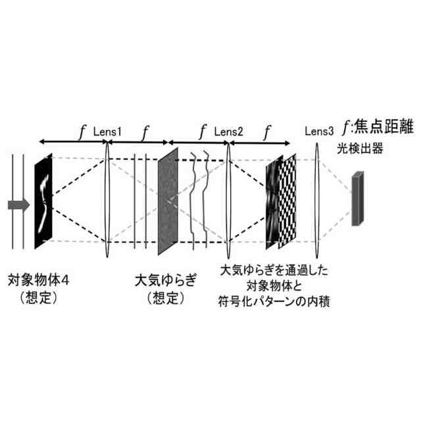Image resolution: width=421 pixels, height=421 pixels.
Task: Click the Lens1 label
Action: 108,132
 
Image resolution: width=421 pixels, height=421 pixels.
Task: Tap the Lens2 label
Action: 228,132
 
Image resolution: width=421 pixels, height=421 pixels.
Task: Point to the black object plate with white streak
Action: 43,200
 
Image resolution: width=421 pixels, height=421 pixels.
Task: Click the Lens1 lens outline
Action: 107,201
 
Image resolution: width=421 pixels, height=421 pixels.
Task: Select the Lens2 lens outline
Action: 229,201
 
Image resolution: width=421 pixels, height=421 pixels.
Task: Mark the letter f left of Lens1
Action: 82,131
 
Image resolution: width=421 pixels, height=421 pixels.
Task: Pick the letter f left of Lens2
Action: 204,131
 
